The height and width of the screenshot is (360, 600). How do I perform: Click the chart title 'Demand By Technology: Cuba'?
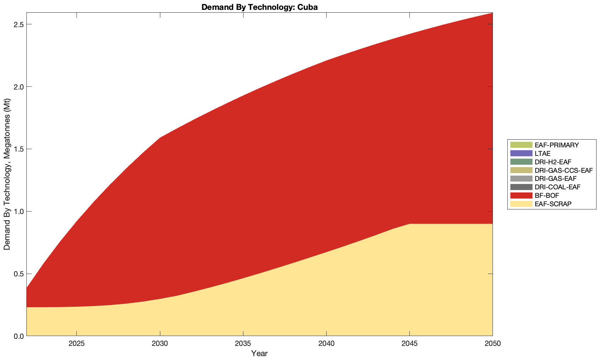[x=259, y=7]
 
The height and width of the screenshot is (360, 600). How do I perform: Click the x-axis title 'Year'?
[x=259, y=353]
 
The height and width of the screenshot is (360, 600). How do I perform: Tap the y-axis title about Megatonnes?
[x=7, y=174]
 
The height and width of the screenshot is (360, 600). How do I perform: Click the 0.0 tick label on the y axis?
[x=18, y=336]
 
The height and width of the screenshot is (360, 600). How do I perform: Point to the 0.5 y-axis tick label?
[x=18, y=274]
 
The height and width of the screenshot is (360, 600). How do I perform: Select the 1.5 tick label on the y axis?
[x=18, y=149]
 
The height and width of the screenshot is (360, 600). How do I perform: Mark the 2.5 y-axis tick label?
[x=18, y=25]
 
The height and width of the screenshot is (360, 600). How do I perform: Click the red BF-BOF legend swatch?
[x=520, y=195]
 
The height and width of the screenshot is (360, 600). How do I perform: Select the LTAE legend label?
[x=542, y=153]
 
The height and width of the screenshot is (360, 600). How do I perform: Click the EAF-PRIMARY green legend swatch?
[x=520, y=145]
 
